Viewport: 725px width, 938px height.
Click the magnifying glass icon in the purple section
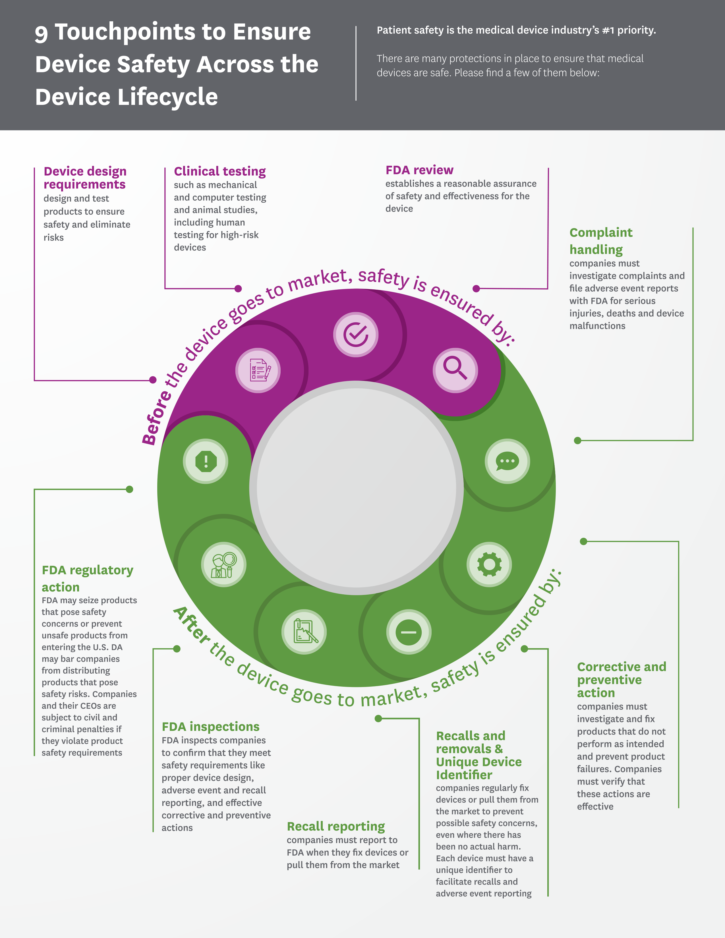(x=455, y=370)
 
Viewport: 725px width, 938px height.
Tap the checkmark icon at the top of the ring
(x=356, y=335)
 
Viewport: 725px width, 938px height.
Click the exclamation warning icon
(x=206, y=461)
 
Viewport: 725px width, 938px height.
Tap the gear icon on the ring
(x=489, y=564)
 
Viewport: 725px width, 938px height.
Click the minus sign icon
(x=409, y=632)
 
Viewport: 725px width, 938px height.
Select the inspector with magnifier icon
(x=224, y=564)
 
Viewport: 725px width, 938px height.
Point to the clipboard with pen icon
(x=304, y=632)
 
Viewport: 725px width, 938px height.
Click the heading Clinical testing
(x=219, y=171)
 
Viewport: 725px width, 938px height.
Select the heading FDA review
(x=419, y=170)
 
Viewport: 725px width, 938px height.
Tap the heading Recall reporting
(x=335, y=826)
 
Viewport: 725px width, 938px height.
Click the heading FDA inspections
(x=210, y=727)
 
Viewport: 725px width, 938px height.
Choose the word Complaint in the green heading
(x=600, y=233)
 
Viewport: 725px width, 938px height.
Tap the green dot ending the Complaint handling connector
(x=578, y=440)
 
